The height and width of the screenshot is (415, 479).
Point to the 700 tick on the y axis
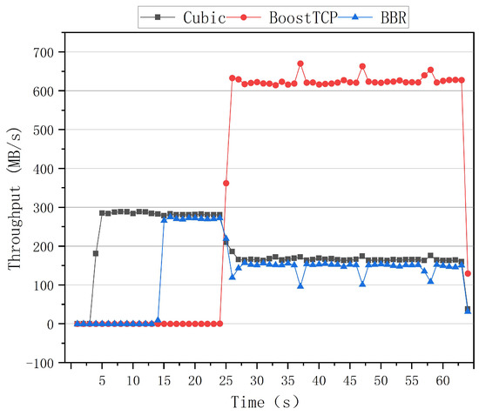(x=46, y=52)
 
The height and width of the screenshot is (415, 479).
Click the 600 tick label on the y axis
(x=46, y=90)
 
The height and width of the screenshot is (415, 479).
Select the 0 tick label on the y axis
(x=55, y=324)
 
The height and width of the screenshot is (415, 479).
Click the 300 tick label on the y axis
(x=46, y=207)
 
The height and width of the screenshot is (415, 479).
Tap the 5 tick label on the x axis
(x=102, y=380)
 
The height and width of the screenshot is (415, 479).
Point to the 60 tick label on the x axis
(x=442, y=380)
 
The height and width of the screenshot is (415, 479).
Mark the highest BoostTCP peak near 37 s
(x=300, y=64)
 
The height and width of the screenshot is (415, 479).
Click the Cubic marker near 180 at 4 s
(x=96, y=253)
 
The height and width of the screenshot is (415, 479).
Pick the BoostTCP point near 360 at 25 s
(x=226, y=184)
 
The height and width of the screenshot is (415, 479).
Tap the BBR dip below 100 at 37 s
(x=300, y=285)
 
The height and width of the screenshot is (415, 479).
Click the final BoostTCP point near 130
(x=468, y=273)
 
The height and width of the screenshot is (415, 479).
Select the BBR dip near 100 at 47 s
(x=362, y=284)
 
